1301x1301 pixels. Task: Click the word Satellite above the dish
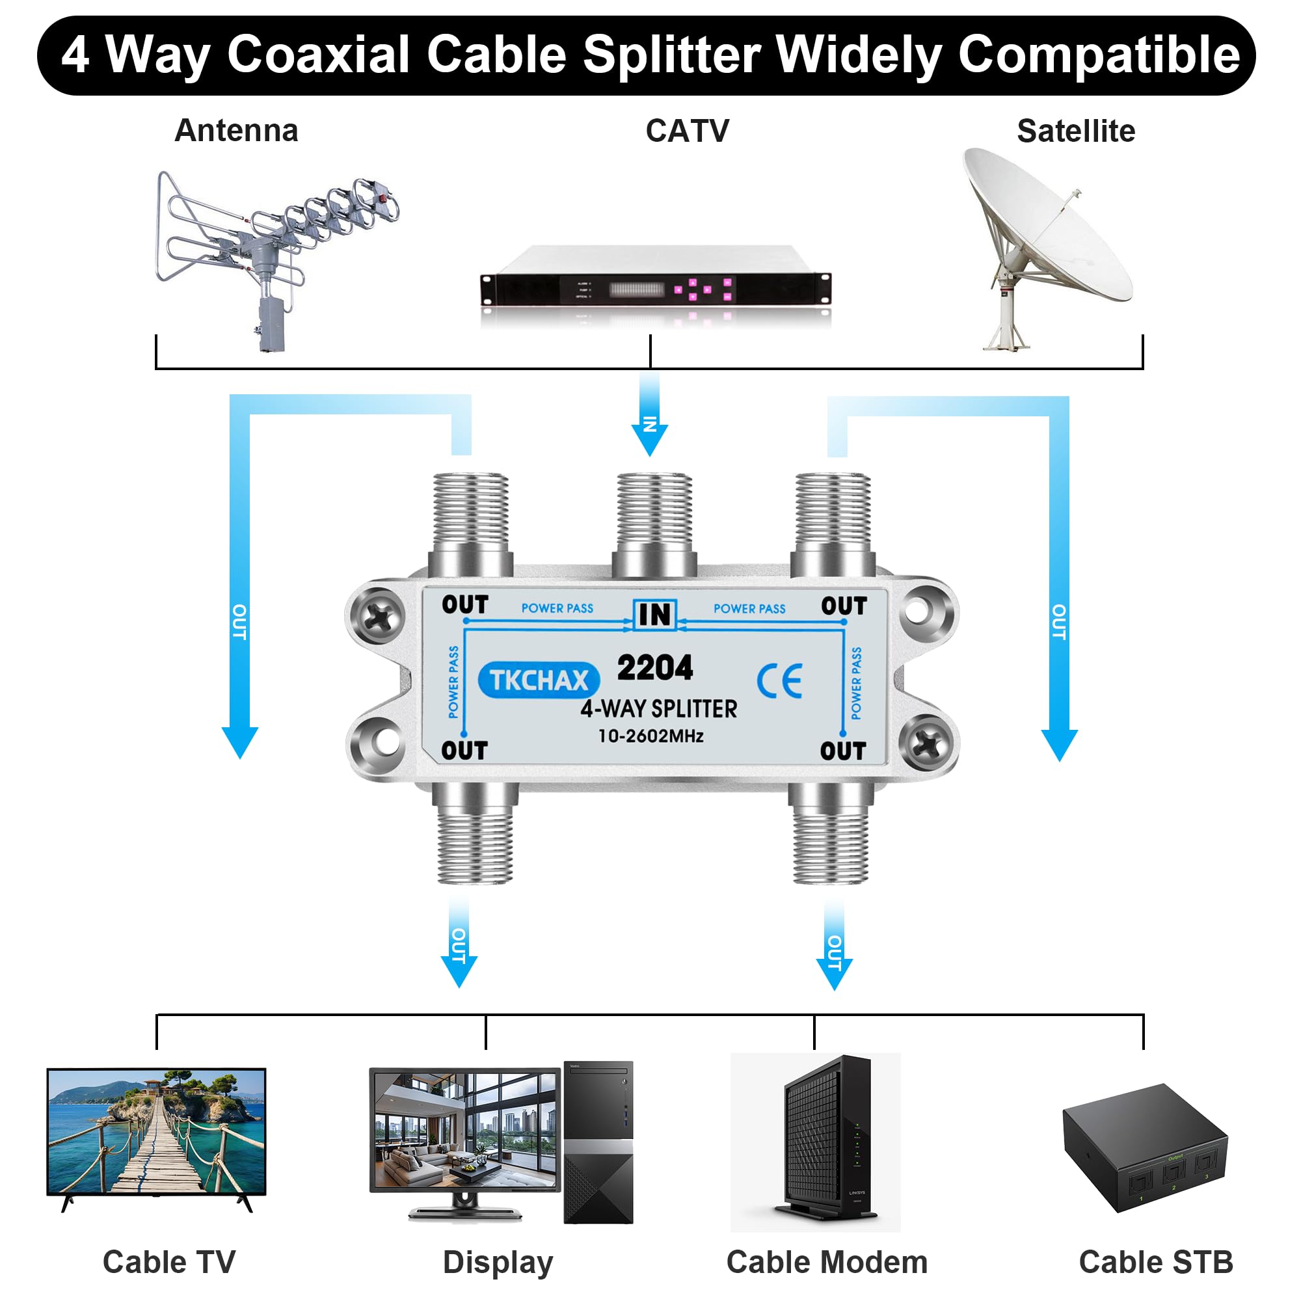1075,131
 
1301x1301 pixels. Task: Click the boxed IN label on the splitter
654,614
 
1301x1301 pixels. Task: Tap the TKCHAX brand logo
538,680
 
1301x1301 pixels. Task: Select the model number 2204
654,667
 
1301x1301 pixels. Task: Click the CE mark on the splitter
779,681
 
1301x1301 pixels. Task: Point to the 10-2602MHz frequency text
650,736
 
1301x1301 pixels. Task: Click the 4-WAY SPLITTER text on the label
658,708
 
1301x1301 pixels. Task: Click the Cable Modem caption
826,1262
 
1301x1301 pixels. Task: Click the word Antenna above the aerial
235,131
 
